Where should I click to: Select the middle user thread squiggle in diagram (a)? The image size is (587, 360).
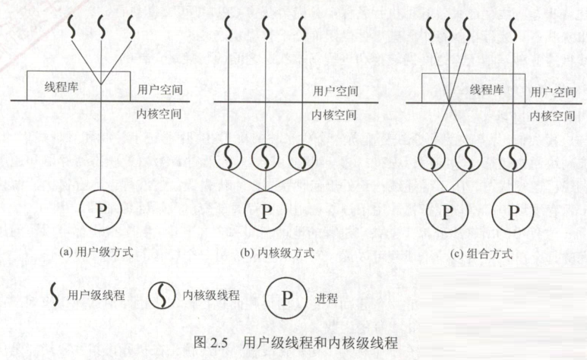(x=101, y=29)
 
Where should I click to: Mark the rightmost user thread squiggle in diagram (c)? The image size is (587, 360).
(x=513, y=29)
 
